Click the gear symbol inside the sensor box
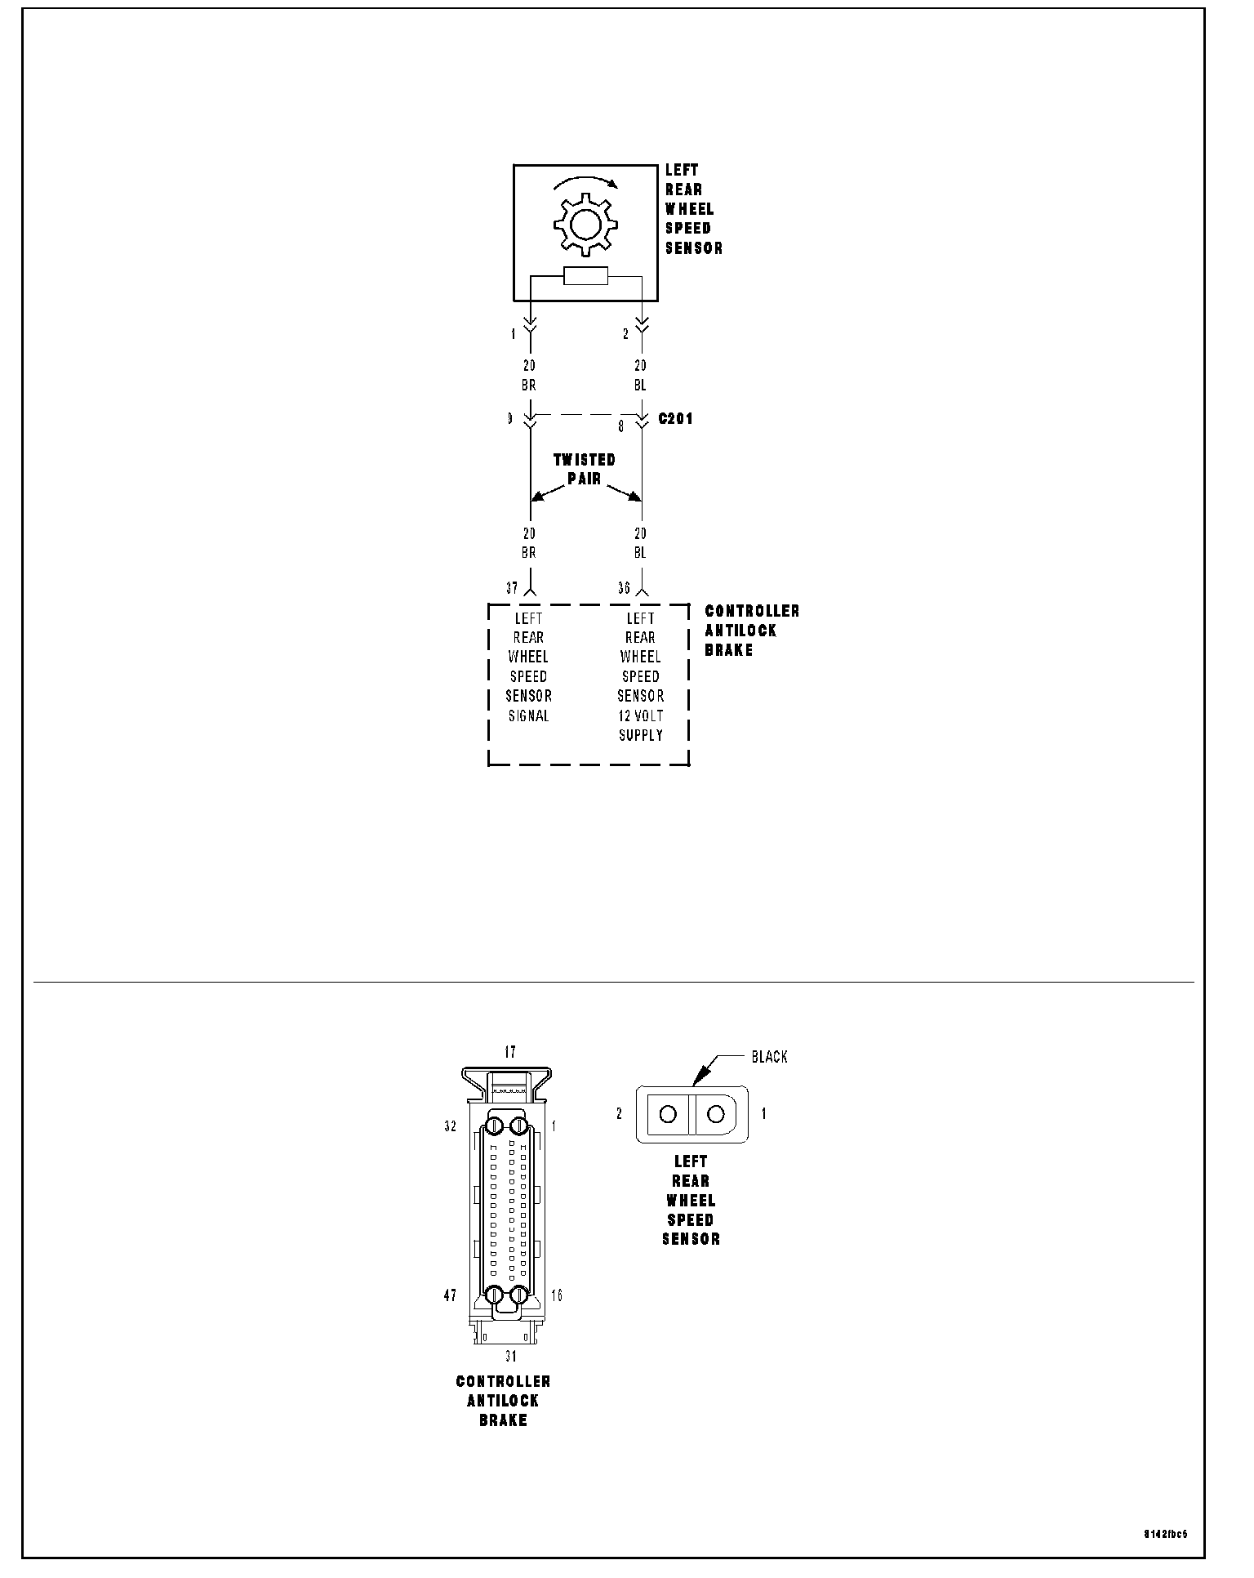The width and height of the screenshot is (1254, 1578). pyautogui.click(x=585, y=223)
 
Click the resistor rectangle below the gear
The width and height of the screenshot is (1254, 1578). pyautogui.click(x=585, y=277)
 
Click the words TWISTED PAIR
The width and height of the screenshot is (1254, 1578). pyautogui.click(x=585, y=470)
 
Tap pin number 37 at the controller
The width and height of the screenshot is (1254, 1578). pyautogui.click(x=512, y=588)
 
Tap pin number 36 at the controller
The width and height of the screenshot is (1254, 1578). pyautogui.click(x=624, y=588)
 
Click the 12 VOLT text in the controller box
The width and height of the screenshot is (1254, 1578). pyautogui.click(x=641, y=715)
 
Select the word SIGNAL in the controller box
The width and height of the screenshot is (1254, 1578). pyautogui.click(x=529, y=715)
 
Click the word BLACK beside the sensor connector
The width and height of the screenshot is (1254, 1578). pyautogui.click(x=769, y=1057)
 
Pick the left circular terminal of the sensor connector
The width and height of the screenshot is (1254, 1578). pyautogui.click(x=668, y=1113)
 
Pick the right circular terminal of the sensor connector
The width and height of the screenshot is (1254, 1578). pyautogui.click(x=716, y=1113)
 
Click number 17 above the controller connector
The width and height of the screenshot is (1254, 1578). pyautogui.click(x=510, y=1052)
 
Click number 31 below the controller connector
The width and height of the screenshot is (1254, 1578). pyautogui.click(x=510, y=1357)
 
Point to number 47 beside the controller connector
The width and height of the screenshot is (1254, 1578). pyautogui.click(x=450, y=1295)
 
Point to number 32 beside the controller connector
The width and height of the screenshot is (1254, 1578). pyautogui.click(x=450, y=1126)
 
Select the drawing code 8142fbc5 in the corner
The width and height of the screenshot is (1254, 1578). pyautogui.click(x=1165, y=1534)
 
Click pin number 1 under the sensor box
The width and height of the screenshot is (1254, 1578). pyautogui.click(x=514, y=334)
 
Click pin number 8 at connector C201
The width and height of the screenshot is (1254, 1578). pyautogui.click(x=620, y=426)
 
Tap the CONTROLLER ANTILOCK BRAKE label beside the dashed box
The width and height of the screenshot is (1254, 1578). pyautogui.click(x=752, y=631)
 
